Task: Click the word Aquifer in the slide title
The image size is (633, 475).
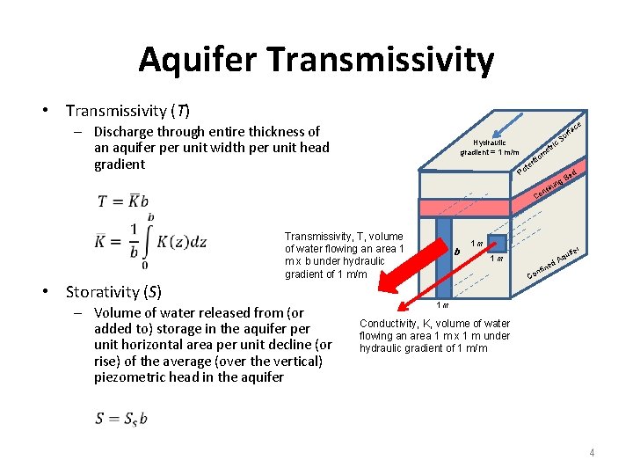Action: (198, 60)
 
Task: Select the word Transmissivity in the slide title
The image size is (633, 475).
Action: (380, 60)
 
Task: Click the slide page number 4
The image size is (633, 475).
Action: (592, 453)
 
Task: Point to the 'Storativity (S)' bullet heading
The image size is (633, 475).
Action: (114, 291)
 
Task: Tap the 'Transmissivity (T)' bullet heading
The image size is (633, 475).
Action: (127, 111)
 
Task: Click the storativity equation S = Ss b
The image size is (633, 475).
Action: (121, 418)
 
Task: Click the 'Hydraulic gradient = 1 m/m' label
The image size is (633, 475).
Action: (491, 147)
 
